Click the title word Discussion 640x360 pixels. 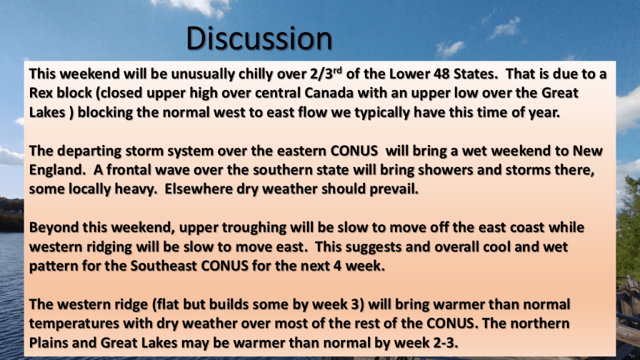259,38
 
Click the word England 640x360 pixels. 55,170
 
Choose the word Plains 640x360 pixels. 49,343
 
